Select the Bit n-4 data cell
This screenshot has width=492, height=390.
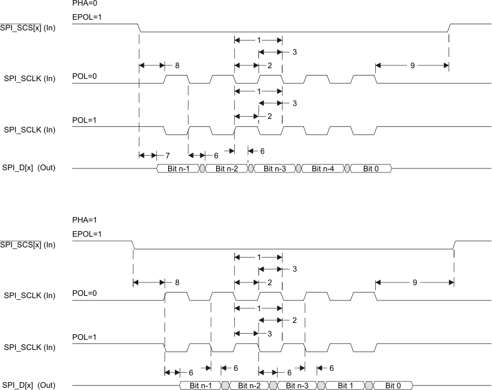click(x=323, y=169)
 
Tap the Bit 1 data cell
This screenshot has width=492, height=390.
click(x=346, y=385)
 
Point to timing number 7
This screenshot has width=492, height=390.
click(x=168, y=154)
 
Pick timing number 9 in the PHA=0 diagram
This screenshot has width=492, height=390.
click(x=412, y=65)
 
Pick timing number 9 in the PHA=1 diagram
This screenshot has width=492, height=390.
click(x=415, y=282)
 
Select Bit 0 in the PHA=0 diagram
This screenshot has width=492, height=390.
click(x=370, y=169)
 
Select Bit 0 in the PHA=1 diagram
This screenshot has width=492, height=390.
click(x=393, y=385)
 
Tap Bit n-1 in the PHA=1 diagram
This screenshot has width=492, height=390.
click(x=201, y=385)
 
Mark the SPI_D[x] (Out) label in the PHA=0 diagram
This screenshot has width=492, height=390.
click(x=29, y=168)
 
